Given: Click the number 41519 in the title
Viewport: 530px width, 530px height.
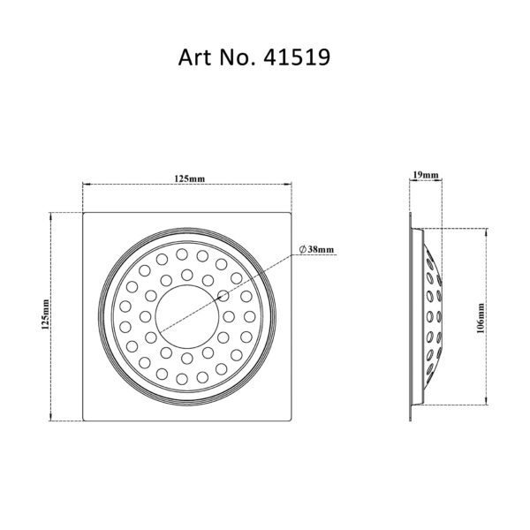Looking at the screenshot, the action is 297,57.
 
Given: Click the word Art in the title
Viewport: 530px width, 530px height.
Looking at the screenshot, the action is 194,57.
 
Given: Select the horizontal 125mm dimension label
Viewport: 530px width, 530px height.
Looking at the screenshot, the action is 190,178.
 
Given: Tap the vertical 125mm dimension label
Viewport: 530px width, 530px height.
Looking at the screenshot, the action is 45,314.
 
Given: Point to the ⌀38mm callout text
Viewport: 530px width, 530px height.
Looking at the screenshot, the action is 317,249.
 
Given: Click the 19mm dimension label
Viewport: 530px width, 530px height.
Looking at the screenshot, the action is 426,175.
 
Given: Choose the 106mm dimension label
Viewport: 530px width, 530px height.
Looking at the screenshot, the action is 481,318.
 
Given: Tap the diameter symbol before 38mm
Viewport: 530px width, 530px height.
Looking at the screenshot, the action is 303,249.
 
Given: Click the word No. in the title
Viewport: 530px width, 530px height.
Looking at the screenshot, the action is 237,57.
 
